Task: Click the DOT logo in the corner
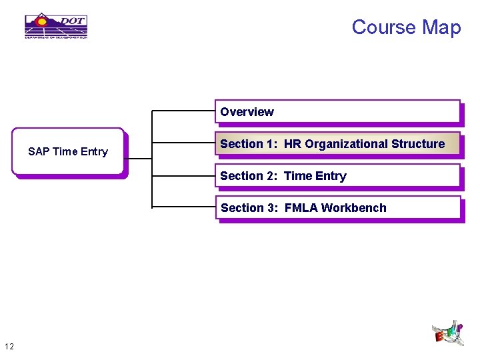56,26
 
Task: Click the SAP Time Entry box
68,152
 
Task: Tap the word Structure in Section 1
419,144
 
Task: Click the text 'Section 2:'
249,176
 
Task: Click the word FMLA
301,208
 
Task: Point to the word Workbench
353,208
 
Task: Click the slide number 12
9,346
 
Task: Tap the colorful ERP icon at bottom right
447,333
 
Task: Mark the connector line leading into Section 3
184,207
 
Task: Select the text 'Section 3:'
249,208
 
